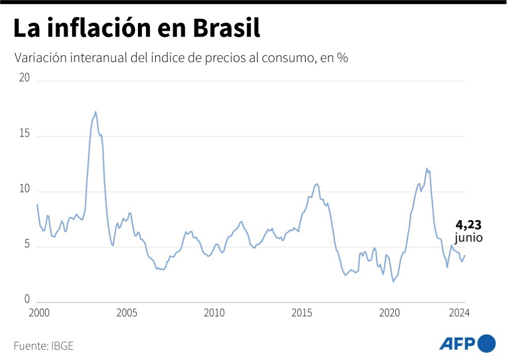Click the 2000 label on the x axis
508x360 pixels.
click(x=39, y=313)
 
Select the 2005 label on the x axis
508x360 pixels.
click(x=127, y=313)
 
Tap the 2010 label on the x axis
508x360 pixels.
click(x=214, y=313)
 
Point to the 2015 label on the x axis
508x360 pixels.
click(x=302, y=313)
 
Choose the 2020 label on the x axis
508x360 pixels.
click(x=389, y=313)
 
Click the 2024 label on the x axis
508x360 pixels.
click(x=459, y=313)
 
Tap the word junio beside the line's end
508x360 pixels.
click(x=468, y=238)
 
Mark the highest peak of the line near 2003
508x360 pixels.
click(x=95, y=112)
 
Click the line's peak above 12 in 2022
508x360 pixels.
click(x=427, y=169)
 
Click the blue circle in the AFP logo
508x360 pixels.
click(x=487, y=343)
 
